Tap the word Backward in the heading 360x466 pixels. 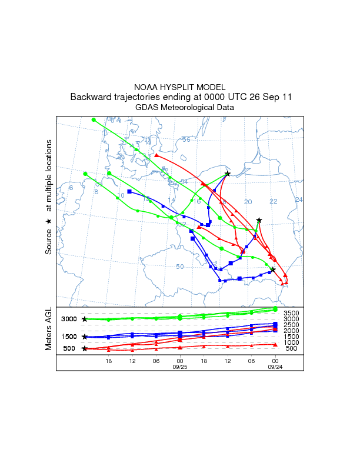point(90,96)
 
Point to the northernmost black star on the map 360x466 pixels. point(228,173)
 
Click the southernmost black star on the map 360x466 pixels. point(273,269)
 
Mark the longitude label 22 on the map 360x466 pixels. point(273,202)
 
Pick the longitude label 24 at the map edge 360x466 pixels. point(298,200)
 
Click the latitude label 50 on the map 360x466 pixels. point(180,267)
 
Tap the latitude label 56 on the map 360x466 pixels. point(186,139)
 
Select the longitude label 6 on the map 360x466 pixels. point(71,188)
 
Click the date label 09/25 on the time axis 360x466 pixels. point(179,366)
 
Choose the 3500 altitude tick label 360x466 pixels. point(291,313)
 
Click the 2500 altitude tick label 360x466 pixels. point(291,325)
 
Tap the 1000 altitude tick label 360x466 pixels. point(291,342)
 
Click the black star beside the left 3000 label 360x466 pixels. point(85,319)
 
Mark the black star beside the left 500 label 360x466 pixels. point(85,348)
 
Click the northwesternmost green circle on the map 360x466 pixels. point(94,120)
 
